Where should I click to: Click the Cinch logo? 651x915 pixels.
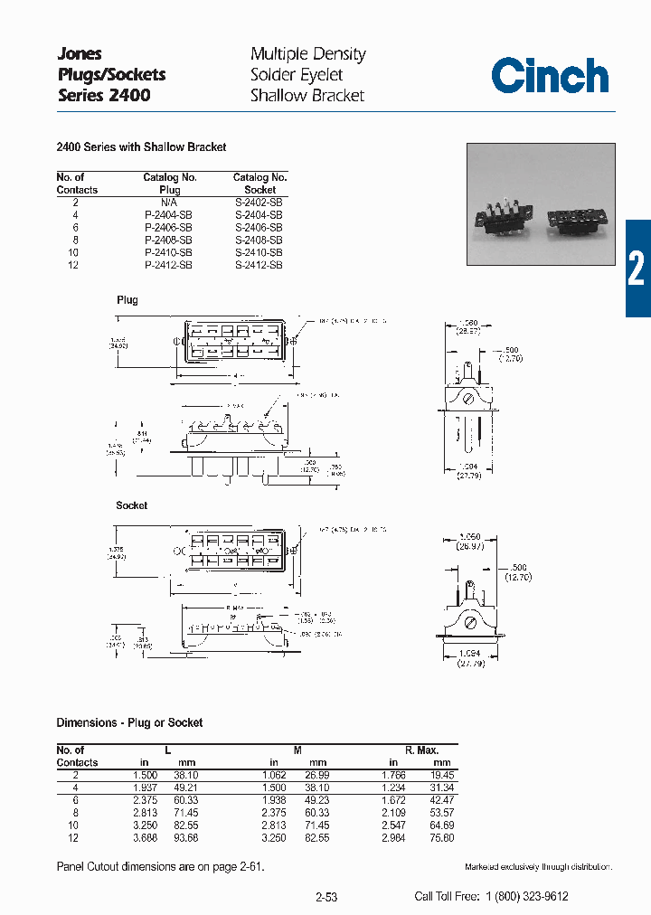click(550, 76)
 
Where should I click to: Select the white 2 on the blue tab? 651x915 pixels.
click(637, 269)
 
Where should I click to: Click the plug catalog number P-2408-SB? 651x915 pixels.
click(168, 241)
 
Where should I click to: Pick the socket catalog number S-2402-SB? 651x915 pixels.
click(259, 203)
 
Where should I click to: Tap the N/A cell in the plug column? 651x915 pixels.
click(168, 203)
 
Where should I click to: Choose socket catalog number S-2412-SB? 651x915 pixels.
click(259, 266)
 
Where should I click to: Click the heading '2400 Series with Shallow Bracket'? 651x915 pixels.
click(141, 146)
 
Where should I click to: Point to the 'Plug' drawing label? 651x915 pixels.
click(127, 300)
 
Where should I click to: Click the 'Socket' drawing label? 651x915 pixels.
click(131, 505)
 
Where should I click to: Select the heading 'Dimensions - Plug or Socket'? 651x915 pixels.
click(129, 722)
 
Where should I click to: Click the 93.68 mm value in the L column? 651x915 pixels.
click(185, 838)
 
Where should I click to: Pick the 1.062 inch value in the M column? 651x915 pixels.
click(275, 775)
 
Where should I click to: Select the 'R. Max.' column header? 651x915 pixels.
click(421, 750)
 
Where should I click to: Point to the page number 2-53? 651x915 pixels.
click(326, 897)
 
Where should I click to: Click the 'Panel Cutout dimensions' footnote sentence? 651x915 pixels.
click(160, 867)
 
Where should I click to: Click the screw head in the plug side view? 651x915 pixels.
click(467, 397)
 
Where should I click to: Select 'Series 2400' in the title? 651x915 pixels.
click(104, 95)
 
